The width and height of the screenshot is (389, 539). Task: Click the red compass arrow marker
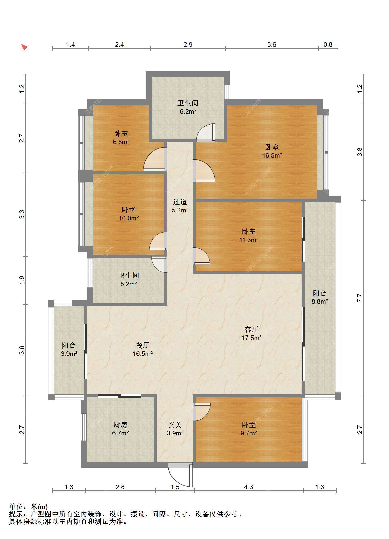coord(24,47)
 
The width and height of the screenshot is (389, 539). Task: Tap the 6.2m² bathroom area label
coord(188,112)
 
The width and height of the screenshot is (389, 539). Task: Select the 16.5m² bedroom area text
coord(272,155)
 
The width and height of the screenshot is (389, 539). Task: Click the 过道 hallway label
coord(180,202)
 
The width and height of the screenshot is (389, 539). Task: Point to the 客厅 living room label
coord(251,329)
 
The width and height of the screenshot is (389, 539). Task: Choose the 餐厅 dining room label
coord(143,345)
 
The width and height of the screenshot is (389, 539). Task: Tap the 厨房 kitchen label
coord(120,425)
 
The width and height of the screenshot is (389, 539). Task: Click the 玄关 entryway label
coord(175,425)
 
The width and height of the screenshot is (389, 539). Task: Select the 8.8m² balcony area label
coord(319,301)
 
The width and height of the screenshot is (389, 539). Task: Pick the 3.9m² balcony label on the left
coord(69,354)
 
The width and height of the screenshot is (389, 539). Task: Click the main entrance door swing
coord(180,474)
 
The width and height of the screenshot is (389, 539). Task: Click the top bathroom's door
coord(205,133)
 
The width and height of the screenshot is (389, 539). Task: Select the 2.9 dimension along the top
coord(188,44)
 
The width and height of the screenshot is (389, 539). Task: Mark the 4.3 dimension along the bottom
coord(248,487)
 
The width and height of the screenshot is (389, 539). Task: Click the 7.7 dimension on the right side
coord(360,298)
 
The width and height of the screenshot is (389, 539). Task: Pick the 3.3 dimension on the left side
coord(22,214)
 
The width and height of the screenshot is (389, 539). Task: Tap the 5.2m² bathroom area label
coord(129,284)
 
